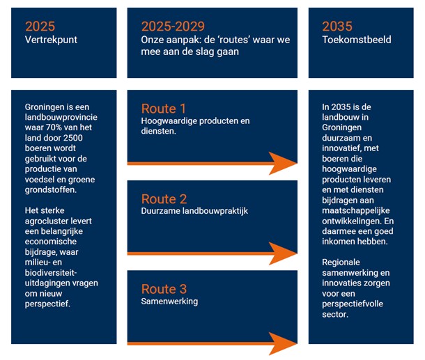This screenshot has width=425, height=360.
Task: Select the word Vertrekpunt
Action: (x=51, y=40)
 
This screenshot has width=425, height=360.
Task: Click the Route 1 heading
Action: (x=164, y=109)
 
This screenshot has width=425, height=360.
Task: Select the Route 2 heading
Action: (x=164, y=198)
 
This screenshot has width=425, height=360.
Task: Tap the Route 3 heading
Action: (x=164, y=289)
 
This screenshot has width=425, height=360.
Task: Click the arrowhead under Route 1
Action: (x=283, y=163)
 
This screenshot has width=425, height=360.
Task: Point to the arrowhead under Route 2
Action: (x=283, y=253)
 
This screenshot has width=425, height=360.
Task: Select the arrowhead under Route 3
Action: (x=283, y=343)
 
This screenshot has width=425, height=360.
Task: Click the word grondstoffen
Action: (x=49, y=187)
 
